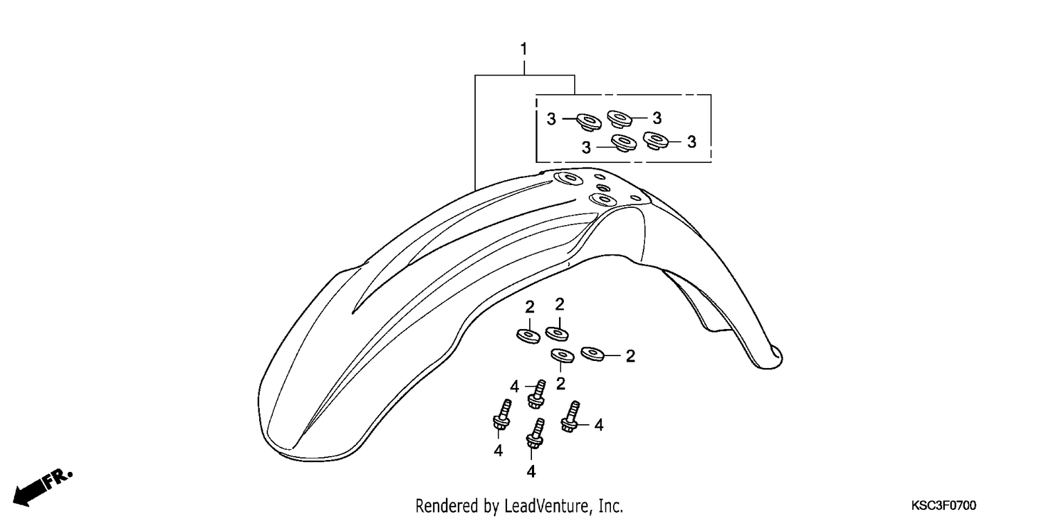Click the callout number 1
[x=524, y=49]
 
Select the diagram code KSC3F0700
[x=943, y=505]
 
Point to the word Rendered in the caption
[x=447, y=505]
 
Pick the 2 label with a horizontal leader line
[x=630, y=356]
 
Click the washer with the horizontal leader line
[x=592, y=354]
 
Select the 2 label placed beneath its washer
[x=560, y=384]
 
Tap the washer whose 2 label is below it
[x=562, y=355]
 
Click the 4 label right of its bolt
[x=599, y=425]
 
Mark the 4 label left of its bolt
[x=514, y=386]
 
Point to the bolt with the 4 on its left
[x=536, y=394]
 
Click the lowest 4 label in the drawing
[x=531, y=472]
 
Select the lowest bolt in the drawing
[x=535, y=434]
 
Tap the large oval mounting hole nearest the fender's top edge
[x=568, y=178]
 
